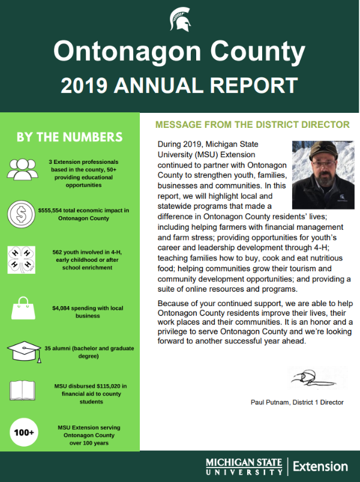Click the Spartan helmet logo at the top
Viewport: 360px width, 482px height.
click(x=180, y=20)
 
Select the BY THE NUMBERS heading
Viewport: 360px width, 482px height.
click(x=70, y=137)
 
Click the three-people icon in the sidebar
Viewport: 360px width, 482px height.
click(x=23, y=170)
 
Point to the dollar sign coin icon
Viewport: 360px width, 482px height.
click(x=22, y=214)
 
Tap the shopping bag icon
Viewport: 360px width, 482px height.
click(x=23, y=309)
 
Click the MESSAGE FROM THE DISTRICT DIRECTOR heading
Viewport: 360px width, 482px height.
click(x=252, y=125)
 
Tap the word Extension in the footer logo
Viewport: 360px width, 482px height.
click(x=320, y=466)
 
